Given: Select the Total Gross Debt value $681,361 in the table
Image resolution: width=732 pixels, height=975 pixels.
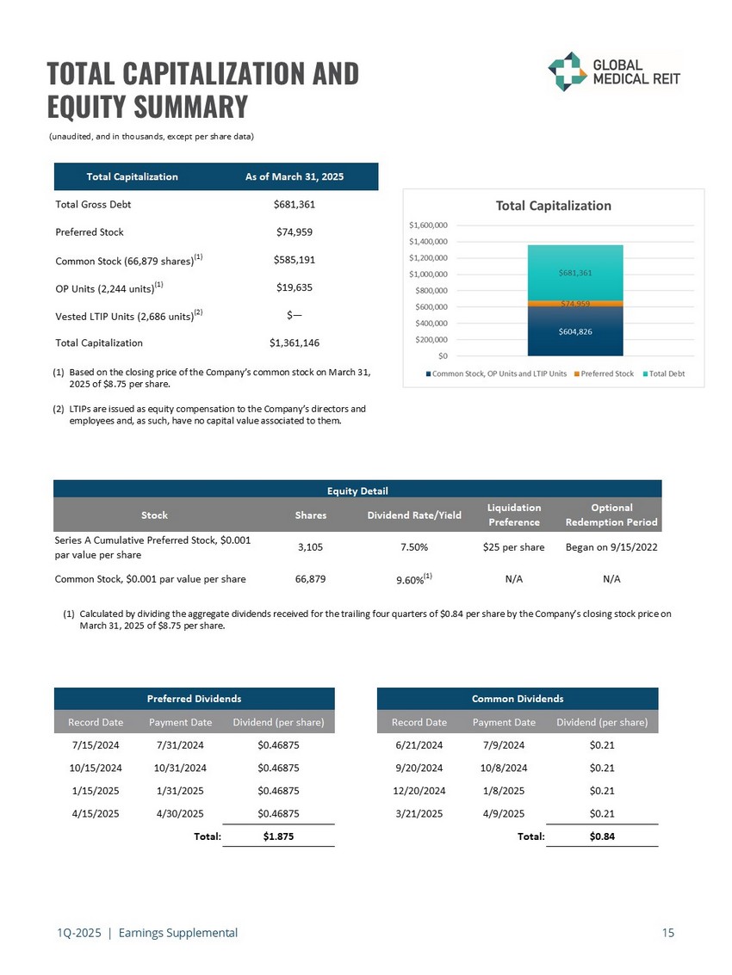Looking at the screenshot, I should coord(294,205).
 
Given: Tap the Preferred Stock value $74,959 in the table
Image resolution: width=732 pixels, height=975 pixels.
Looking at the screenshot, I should coord(294,232).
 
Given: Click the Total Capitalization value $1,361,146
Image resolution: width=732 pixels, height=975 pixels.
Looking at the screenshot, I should coord(294,342).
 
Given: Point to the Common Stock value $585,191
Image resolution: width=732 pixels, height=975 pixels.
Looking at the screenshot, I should coord(294,260).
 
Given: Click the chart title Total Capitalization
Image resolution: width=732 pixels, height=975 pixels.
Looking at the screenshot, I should coord(553,206).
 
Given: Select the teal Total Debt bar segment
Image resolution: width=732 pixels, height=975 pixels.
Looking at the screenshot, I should coord(574,273).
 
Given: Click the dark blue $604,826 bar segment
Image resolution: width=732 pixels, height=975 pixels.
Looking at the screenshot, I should coord(574,331).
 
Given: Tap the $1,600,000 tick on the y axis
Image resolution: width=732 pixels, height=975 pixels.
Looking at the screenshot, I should coord(428,225).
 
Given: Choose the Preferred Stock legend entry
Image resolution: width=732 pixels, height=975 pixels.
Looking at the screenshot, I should coord(608,373).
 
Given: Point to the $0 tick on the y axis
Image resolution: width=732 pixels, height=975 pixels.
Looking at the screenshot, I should coord(442,355).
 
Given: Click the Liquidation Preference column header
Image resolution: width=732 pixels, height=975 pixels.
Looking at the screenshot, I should coord(513,515).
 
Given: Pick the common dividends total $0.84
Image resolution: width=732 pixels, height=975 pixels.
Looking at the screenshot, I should coord(602,836).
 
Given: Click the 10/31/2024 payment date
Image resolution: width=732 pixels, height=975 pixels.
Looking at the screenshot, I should coord(180,768).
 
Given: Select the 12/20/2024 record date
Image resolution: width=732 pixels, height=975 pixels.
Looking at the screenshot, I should coord(419,790).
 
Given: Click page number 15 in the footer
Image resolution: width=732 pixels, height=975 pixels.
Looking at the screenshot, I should coord(668,932).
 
